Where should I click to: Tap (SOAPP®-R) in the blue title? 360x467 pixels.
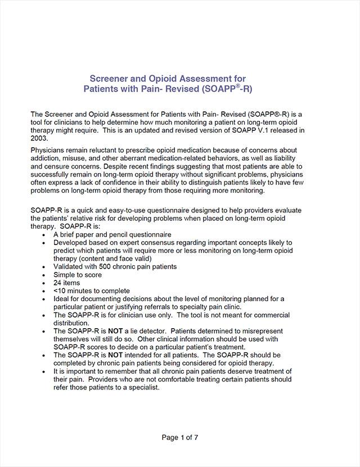point(237,89)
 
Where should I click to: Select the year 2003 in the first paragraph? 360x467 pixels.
point(40,138)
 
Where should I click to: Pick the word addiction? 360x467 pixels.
point(48,158)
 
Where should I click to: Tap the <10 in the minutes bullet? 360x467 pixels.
point(58,291)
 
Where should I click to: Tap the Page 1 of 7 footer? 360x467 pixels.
point(180,437)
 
